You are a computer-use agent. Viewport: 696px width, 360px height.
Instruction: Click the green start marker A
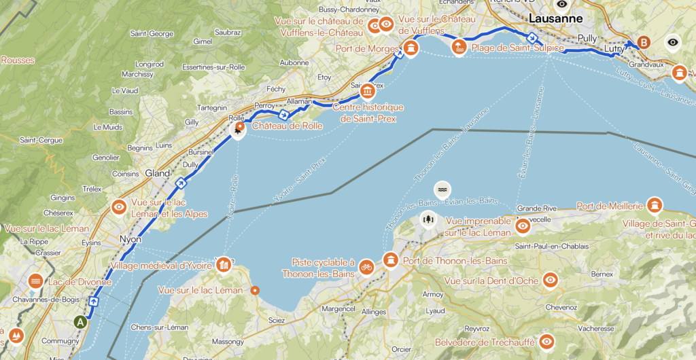pos(82,322)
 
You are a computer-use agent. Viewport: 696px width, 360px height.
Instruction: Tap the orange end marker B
pos(643,41)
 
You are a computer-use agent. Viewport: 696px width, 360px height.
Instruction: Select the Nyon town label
pos(129,239)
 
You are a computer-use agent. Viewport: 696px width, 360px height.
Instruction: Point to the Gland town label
pos(157,173)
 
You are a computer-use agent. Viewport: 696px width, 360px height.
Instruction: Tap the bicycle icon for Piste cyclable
pos(366,266)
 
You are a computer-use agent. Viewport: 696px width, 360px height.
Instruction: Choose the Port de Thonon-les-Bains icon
pos(391,260)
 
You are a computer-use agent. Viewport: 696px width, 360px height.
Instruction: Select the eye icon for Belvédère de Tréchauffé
pos(546,342)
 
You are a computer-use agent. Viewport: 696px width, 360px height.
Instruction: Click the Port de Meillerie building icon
pos(655,205)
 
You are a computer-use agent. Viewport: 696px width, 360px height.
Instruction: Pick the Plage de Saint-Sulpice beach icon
pos(459,47)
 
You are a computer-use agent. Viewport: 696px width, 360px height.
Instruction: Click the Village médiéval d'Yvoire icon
pos(222,265)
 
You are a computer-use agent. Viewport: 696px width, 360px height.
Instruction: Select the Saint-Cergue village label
pos(37,140)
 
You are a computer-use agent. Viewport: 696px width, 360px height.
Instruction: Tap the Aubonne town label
pos(294,62)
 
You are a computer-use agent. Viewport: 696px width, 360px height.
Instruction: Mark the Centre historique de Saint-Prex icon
pos(367,91)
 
